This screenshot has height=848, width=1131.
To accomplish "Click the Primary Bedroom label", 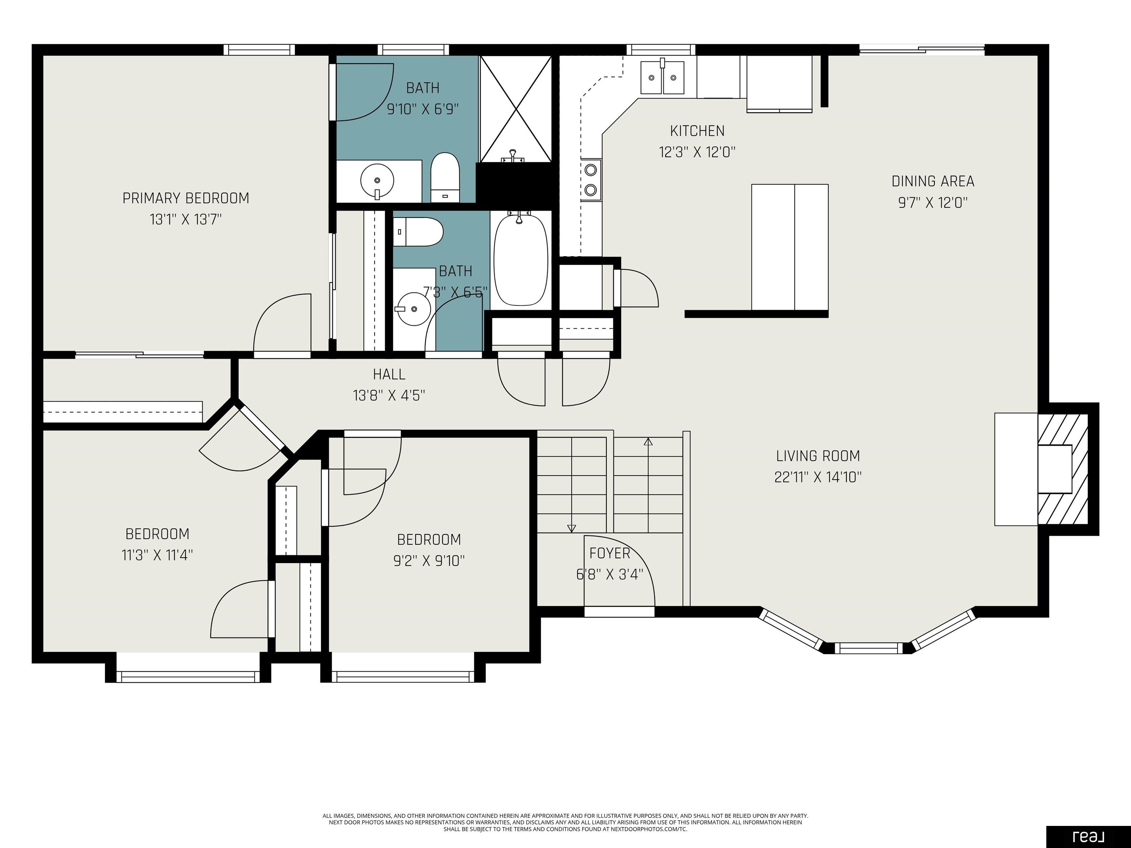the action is (x=186, y=198).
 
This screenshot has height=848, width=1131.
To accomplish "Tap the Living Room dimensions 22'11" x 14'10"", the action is (x=818, y=477).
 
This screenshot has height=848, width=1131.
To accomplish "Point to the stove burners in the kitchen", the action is (x=591, y=179).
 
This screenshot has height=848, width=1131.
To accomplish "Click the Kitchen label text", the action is (x=697, y=131).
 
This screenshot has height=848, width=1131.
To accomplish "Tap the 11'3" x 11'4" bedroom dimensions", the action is (x=157, y=555).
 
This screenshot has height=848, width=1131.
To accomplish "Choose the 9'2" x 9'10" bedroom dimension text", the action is (x=429, y=561).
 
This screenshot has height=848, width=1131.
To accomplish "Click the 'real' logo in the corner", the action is (x=1089, y=837).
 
